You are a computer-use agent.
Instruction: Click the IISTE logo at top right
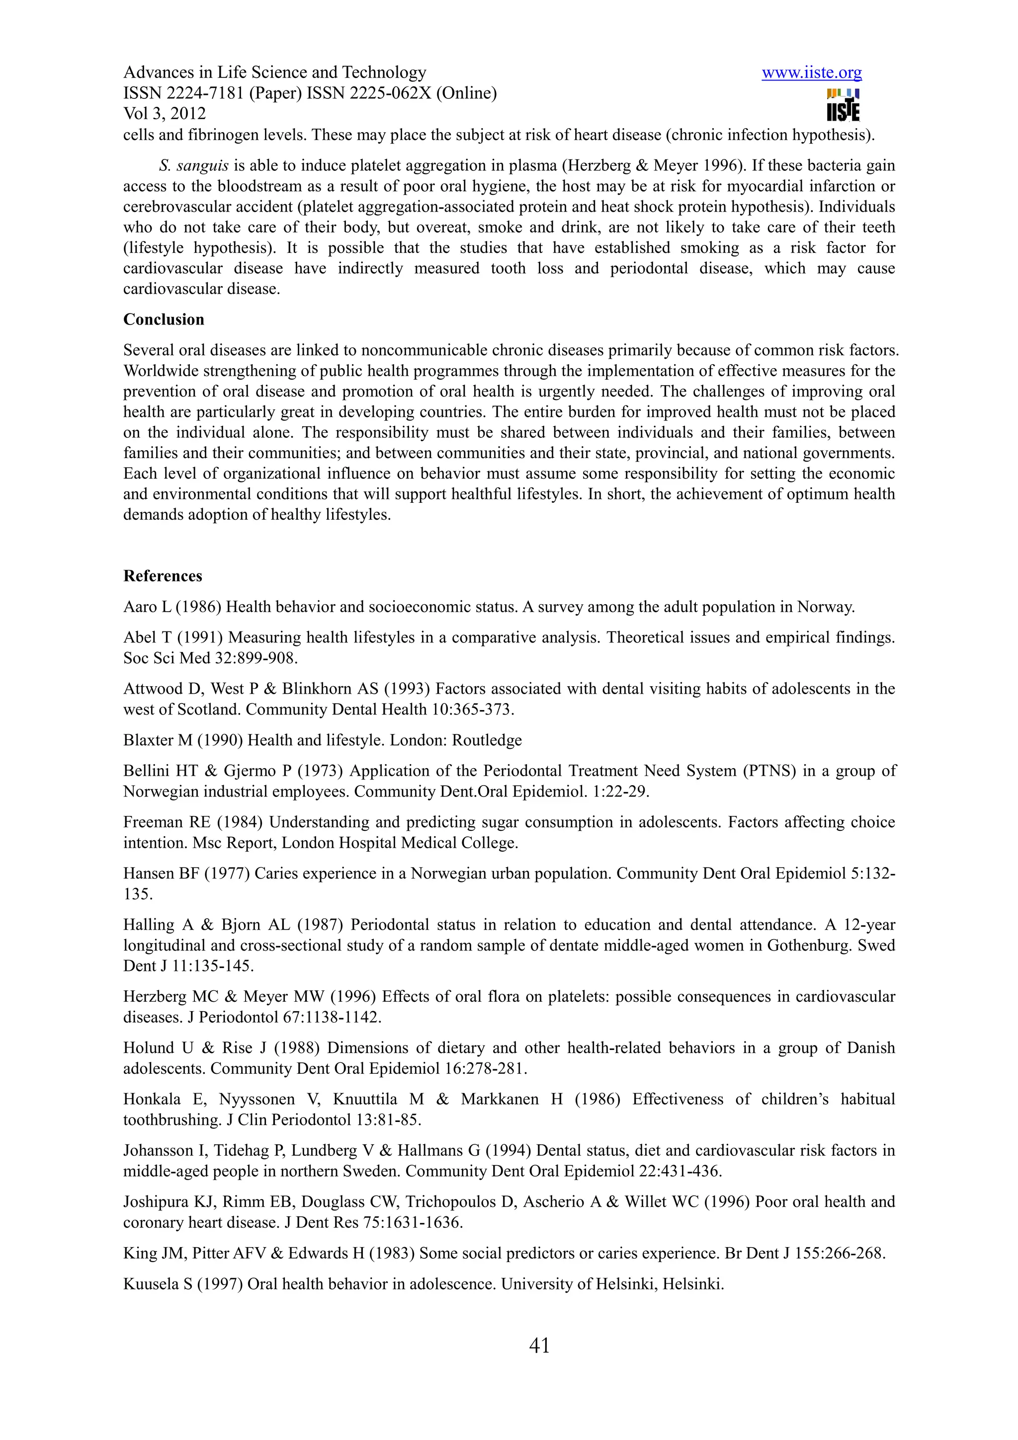point(843,105)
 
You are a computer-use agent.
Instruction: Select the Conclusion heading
point(164,320)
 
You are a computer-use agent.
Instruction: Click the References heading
point(163,576)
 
